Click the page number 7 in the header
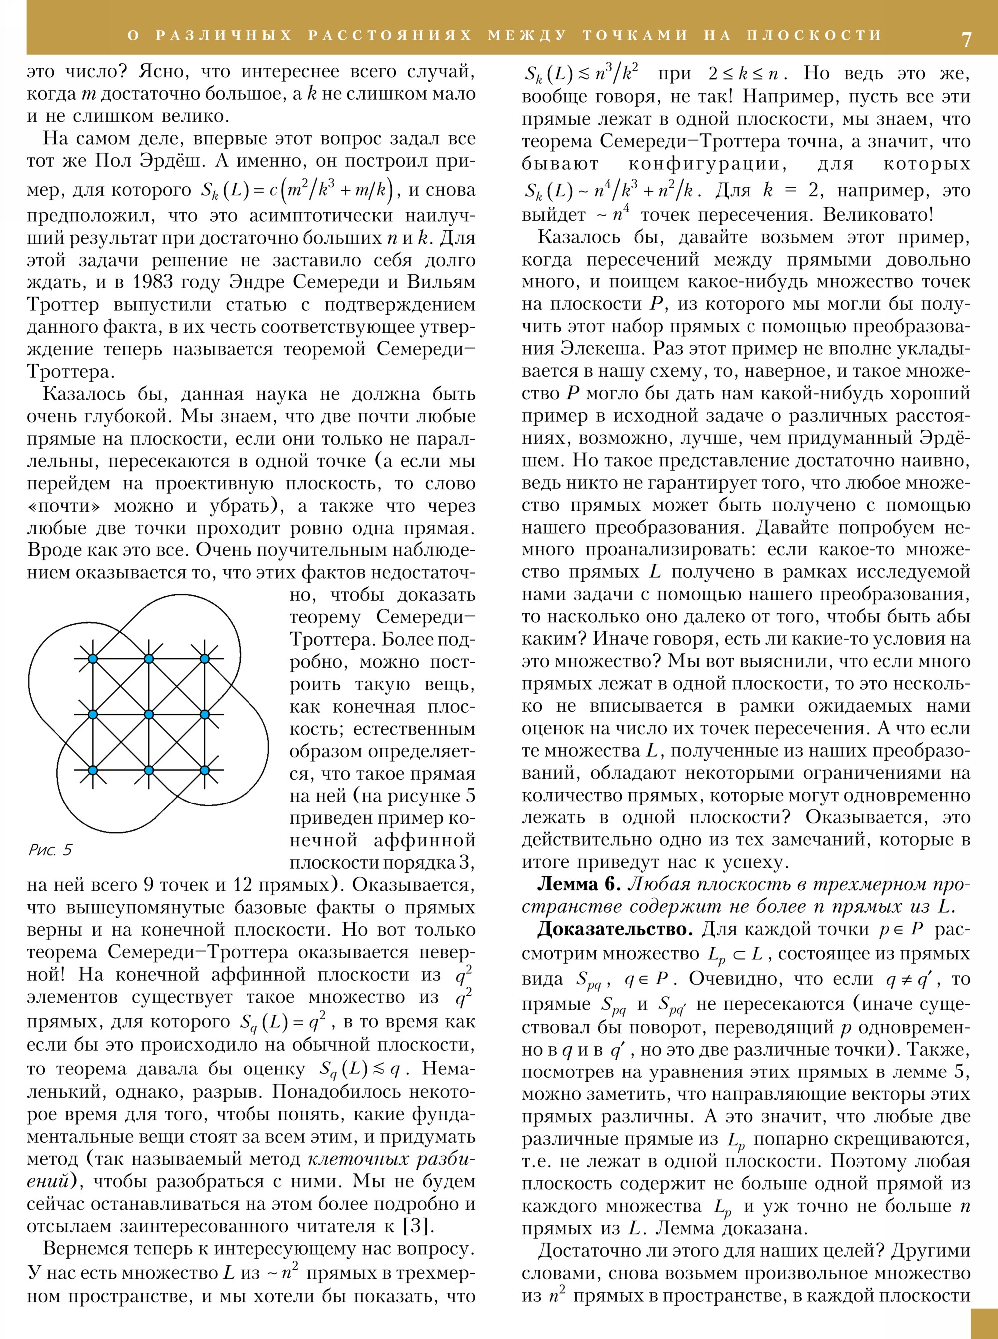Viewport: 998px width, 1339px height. coord(966,39)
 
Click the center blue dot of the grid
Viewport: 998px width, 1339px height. coord(149,714)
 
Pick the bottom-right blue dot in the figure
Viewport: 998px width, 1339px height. coord(204,770)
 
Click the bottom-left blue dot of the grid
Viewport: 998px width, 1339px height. coord(92,770)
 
